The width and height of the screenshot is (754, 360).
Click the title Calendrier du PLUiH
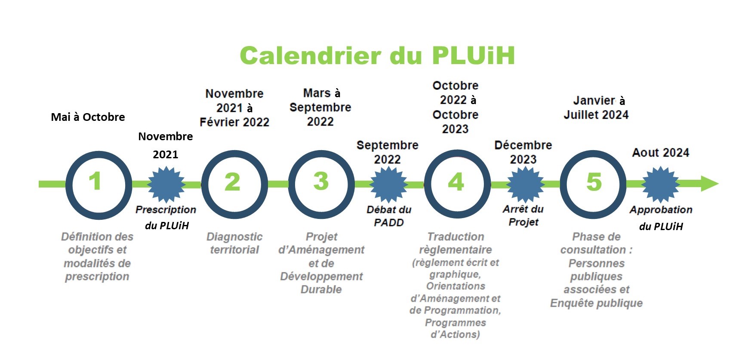point(377,55)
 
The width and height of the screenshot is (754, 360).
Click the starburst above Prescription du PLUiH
point(166,185)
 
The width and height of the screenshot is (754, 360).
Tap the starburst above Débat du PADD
point(388,185)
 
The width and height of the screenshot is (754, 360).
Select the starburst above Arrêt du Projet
point(525,185)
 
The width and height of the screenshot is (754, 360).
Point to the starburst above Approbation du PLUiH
point(660,185)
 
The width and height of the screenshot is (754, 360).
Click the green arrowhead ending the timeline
point(709,184)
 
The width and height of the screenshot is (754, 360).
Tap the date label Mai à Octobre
point(88,117)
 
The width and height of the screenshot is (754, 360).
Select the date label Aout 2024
point(661,153)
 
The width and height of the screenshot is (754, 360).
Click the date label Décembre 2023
point(523,152)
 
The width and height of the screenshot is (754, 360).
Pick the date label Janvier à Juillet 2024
point(596,108)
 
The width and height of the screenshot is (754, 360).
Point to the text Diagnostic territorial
point(234,243)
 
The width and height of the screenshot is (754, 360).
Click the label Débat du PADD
point(389,216)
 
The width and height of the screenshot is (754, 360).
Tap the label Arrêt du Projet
point(523,215)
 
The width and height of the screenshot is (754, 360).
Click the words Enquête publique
point(596,303)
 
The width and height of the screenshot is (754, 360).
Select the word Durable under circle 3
point(321,289)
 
